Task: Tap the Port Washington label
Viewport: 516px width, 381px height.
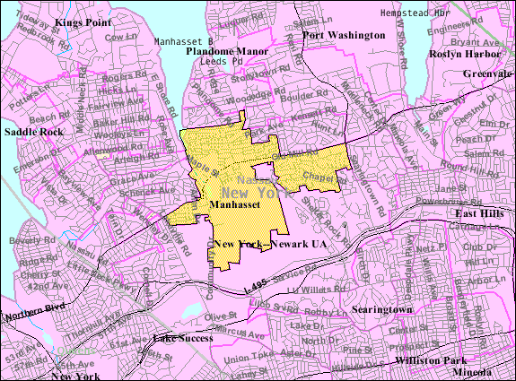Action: click(344, 35)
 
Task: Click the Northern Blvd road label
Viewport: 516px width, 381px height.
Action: click(31, 317)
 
